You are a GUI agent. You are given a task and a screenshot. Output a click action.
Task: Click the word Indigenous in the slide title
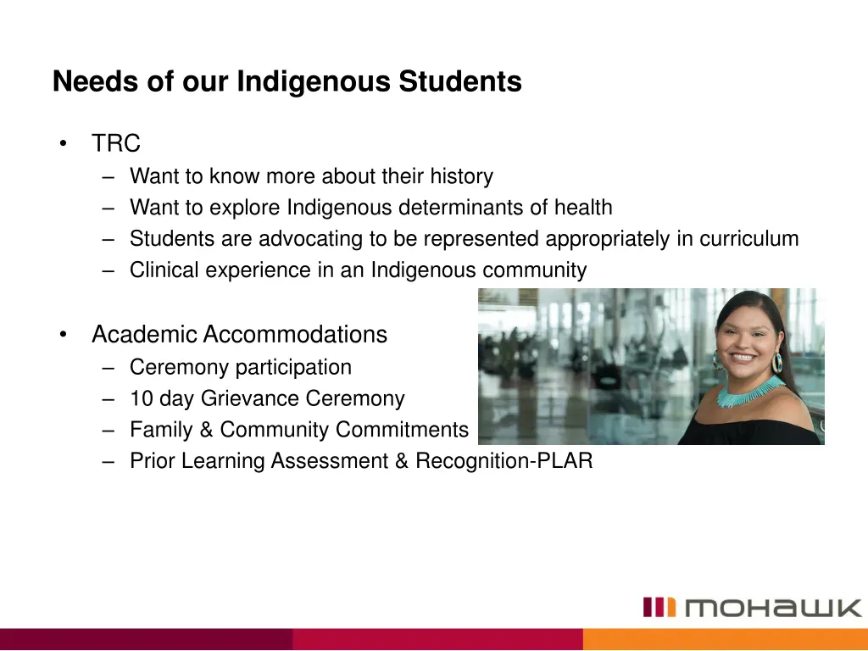(314, 82)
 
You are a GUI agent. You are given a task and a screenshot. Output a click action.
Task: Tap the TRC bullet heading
(116, 144)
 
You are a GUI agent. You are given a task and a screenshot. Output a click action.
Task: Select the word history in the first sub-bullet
(460, 177)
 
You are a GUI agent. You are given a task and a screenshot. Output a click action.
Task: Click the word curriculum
(749, 239)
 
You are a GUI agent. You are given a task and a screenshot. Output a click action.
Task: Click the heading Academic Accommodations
(239, 335)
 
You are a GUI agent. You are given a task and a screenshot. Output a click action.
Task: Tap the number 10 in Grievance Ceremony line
(141, 398)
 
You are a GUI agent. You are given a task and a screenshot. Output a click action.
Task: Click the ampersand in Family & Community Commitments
(206, 431)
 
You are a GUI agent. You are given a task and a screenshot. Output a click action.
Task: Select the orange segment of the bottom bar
(725, 639)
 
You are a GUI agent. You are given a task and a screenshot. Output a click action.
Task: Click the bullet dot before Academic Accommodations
(64, 335)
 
